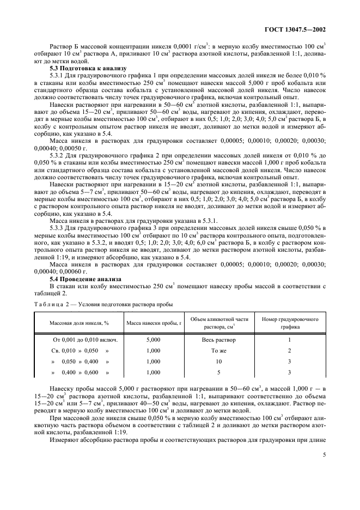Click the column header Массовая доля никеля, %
(x=80, y=323)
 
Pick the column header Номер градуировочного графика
(x=290, y=323)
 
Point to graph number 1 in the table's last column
(x=290, y=339)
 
